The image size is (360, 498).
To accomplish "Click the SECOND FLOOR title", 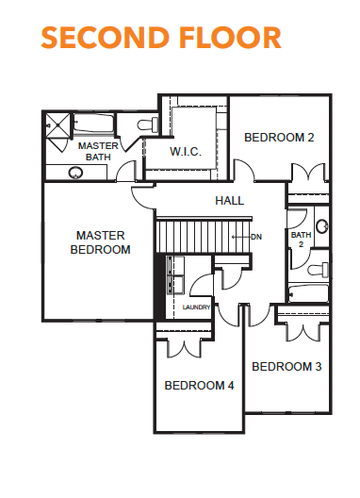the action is [x=161, y=38].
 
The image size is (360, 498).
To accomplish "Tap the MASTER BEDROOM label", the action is [x=100, y=242].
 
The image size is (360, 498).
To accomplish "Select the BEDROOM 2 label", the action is [x=279, y=138].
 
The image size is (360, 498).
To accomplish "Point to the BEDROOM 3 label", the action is [x=286, y=367].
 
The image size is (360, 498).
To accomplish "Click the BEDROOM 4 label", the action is [x=200, y=386].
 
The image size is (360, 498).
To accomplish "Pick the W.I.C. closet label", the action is [x=186, y=152].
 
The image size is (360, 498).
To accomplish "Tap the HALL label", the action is [x=230, y=200].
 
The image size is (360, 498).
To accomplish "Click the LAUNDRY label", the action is [x=196, y=307].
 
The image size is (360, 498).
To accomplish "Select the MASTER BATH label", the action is [x=98, y=151].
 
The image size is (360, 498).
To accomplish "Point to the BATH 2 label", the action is [x=301, y=240].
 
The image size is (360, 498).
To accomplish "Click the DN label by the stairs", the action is [x=256, y=237].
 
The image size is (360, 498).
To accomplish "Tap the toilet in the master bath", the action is [x=148, y=124].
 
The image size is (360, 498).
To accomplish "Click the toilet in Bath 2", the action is [x=319, y=270].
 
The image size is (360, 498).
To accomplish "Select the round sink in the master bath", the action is [x=75, y=173].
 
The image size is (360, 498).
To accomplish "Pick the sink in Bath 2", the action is [x=322, y=226].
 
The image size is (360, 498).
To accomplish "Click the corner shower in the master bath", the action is [x=57, y=125].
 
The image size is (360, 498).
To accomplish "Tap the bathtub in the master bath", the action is [x=93, y=124].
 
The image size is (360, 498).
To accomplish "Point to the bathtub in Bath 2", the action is [x=308, y=293].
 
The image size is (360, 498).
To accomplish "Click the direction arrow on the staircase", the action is [x=241, y=237].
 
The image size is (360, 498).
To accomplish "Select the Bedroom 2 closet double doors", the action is [x=308, y=173].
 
